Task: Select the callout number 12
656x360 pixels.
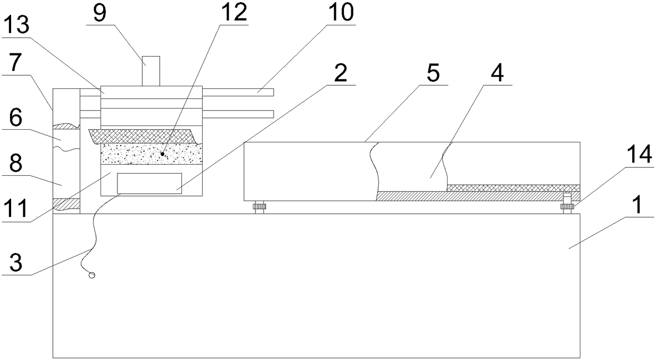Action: coord(233,13)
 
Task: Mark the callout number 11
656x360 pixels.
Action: coord(15,203)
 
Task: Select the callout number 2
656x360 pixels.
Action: coord(341,74)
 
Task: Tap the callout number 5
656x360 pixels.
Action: coord(433,74)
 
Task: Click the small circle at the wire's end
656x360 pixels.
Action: coord(92,275)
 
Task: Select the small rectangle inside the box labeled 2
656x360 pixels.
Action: coord(150,183)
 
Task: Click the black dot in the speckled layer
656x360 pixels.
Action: coord(162,154)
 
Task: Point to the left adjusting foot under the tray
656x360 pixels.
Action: coord(259,208)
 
